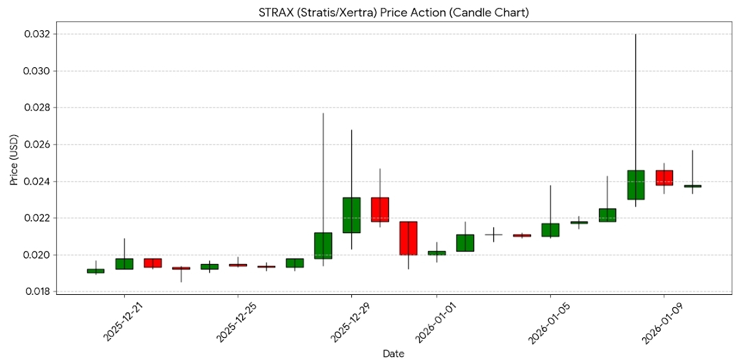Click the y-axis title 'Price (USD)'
(14, 163)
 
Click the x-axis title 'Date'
(393, 353)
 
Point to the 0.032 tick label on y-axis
(35, 34)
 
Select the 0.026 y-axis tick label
(35, 145)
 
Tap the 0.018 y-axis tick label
(35, 292)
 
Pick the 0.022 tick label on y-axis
(35, 218)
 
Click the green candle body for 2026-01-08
(636, 184)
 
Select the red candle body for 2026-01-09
(664, 178)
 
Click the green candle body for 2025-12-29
(351, 215)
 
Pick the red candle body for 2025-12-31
(408, 238)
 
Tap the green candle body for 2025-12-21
(124, 263)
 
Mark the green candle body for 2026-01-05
(550, 230)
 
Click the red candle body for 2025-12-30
(380, 209)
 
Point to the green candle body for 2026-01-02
(465, 243)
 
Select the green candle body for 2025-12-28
(323, 245)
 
